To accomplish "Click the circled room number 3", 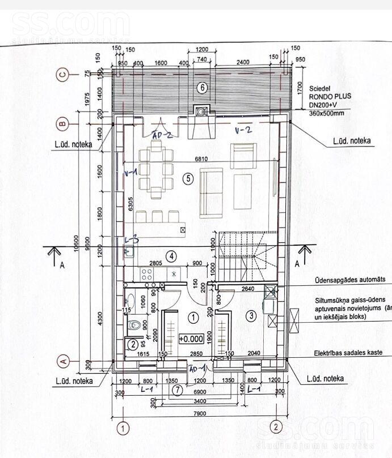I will click(251, 315).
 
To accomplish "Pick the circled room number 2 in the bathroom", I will click(132, 343).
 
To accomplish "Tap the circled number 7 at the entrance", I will click(177, 389).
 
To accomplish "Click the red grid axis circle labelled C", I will click(64, 74).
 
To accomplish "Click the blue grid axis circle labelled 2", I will click(275, 426).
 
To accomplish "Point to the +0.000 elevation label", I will click(191, 340).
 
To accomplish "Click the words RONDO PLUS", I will click(330, 96).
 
